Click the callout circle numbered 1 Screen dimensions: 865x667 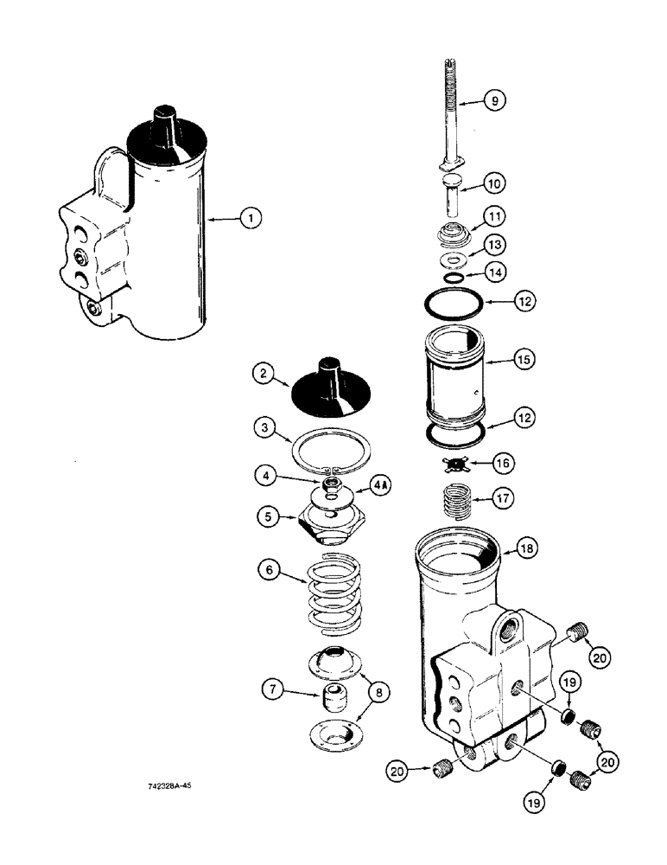[x=250, y=220]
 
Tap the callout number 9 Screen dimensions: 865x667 [x=494, y=101]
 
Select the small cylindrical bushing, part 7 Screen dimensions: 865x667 [x=334, y=695]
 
